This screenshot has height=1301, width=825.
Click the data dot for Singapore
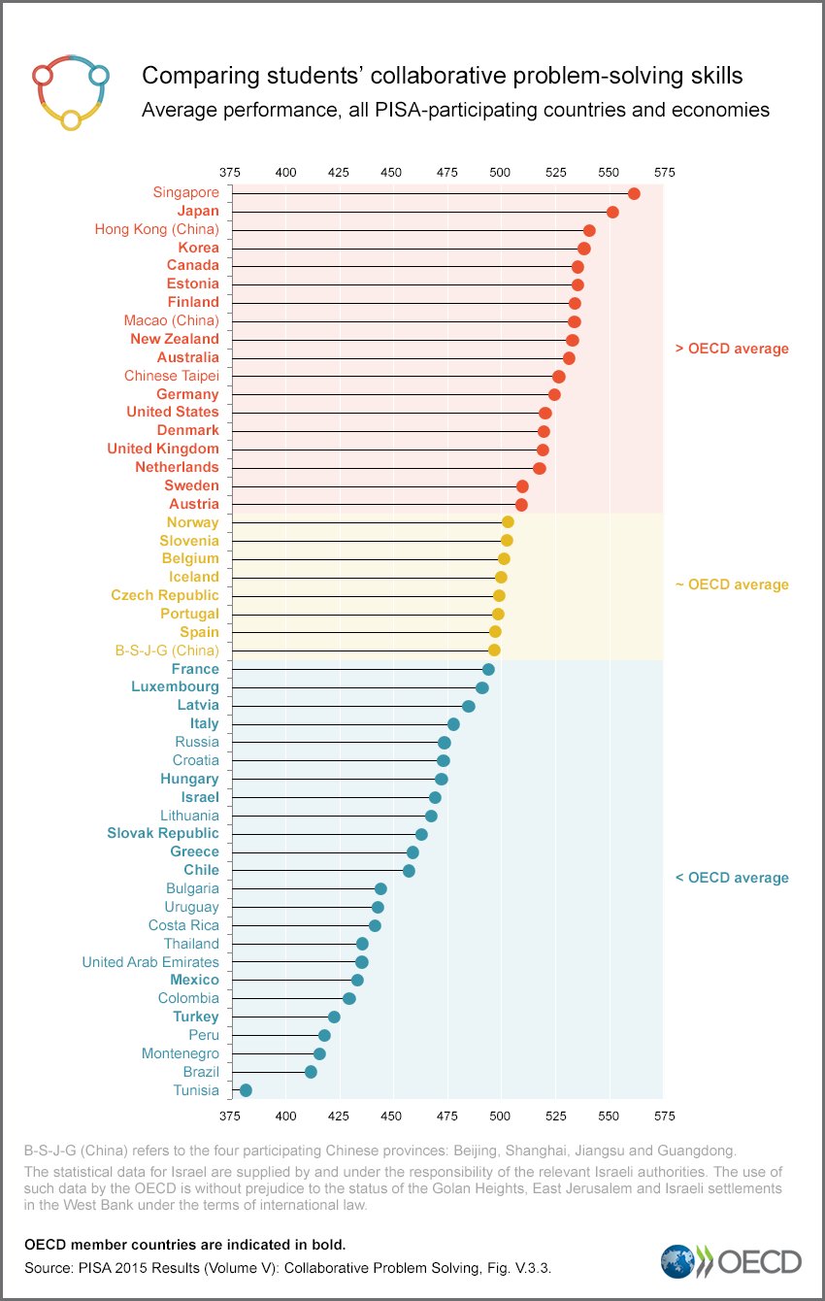(x=634, y=193)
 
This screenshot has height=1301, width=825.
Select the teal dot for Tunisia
(x=246, y=1090)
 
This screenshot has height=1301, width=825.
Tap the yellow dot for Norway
(x=508, y=522)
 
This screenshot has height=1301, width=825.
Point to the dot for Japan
(x=612, y=212)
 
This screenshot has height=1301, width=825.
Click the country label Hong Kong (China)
(x=156, y=229)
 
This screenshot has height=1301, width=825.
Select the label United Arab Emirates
(x=150, y=962)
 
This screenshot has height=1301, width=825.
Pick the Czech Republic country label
(x=165, y=595)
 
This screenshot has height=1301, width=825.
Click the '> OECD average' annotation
(x=732, y=349)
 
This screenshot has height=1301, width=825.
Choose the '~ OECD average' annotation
(x=732, y=585)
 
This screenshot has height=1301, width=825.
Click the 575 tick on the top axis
(x=664, y=172)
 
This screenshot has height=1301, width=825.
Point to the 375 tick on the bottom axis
(x=230, y=1117)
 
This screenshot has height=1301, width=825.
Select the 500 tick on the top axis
(x=500, y=172)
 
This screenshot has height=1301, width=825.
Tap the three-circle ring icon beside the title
(x=70, y=92)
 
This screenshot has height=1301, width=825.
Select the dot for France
(x=488, y=669)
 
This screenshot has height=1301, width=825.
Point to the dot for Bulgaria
(x=380, y=888)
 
